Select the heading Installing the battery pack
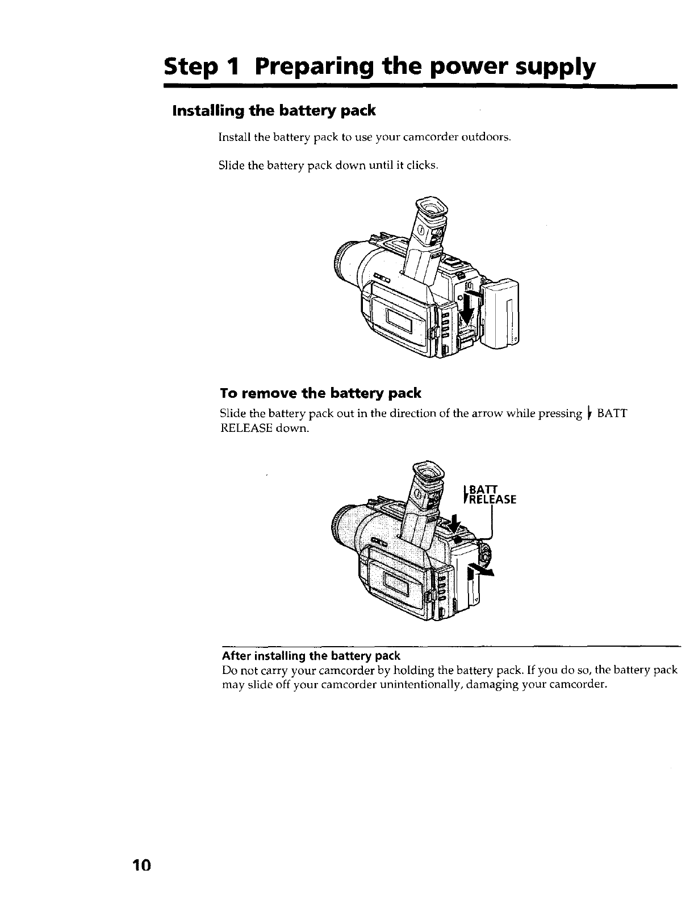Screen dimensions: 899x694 pyautogui.click(x=274, y=110)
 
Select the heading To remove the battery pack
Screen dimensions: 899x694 pyautogui.click(x=320, y=393)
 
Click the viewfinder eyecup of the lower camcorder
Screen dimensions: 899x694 pyautogui.click(x=427, y=471)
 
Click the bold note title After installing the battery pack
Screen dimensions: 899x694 pyautogui.click(x=311, y=656)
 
